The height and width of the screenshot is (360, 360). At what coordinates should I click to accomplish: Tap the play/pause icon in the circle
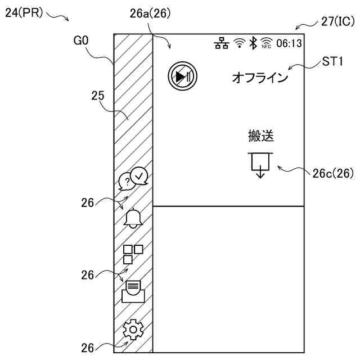click(x=182, y=76)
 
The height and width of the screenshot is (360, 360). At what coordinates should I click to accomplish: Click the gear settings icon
click(x=133, y=330)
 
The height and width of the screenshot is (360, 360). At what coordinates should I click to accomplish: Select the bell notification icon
click(x=133, y=218)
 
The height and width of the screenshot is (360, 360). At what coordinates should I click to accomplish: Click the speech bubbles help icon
click(x=133, y=178)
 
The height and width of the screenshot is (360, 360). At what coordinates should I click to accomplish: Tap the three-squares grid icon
click(x=133, y=254)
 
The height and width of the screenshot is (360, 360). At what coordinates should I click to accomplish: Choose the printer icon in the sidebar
click(x=133, y=291)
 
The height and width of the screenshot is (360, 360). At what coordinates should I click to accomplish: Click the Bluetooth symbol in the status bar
click(x=253, y=43)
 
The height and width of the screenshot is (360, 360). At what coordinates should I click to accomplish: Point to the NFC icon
click(x=267, y=43)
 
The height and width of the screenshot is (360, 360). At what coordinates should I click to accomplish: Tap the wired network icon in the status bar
click(x=222, y=43)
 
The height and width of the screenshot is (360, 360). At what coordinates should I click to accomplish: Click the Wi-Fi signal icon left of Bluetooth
click(x=240, y=43)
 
